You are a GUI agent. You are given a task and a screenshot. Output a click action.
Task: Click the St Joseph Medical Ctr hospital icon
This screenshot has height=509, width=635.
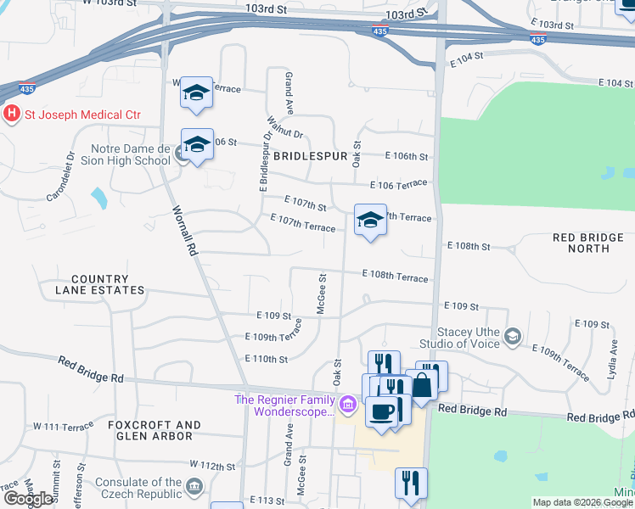tap(12, 115)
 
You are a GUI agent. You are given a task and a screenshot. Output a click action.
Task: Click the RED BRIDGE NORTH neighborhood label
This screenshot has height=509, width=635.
tap(581, 243)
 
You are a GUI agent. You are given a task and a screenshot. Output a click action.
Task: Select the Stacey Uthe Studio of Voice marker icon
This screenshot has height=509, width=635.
tap(512, 337)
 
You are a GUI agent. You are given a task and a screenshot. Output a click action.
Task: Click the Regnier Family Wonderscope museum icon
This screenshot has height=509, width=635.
tap(347, 406)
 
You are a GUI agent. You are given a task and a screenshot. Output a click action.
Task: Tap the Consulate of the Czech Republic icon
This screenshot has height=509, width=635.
tap(194, 487)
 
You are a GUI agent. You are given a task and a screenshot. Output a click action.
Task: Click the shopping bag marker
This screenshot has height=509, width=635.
tap(421, 386)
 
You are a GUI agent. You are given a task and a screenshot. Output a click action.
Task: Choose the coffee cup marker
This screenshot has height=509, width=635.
tap(381, 412)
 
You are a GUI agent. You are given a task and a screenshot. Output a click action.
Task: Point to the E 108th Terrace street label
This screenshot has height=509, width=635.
tap(395, 276)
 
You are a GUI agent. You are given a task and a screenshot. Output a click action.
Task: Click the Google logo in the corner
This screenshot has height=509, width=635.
tap(28, 499)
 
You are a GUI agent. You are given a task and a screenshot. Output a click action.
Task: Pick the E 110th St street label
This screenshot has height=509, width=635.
tap(266, 359)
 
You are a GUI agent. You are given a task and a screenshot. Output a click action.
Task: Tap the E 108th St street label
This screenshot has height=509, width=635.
tap(469, 246)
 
